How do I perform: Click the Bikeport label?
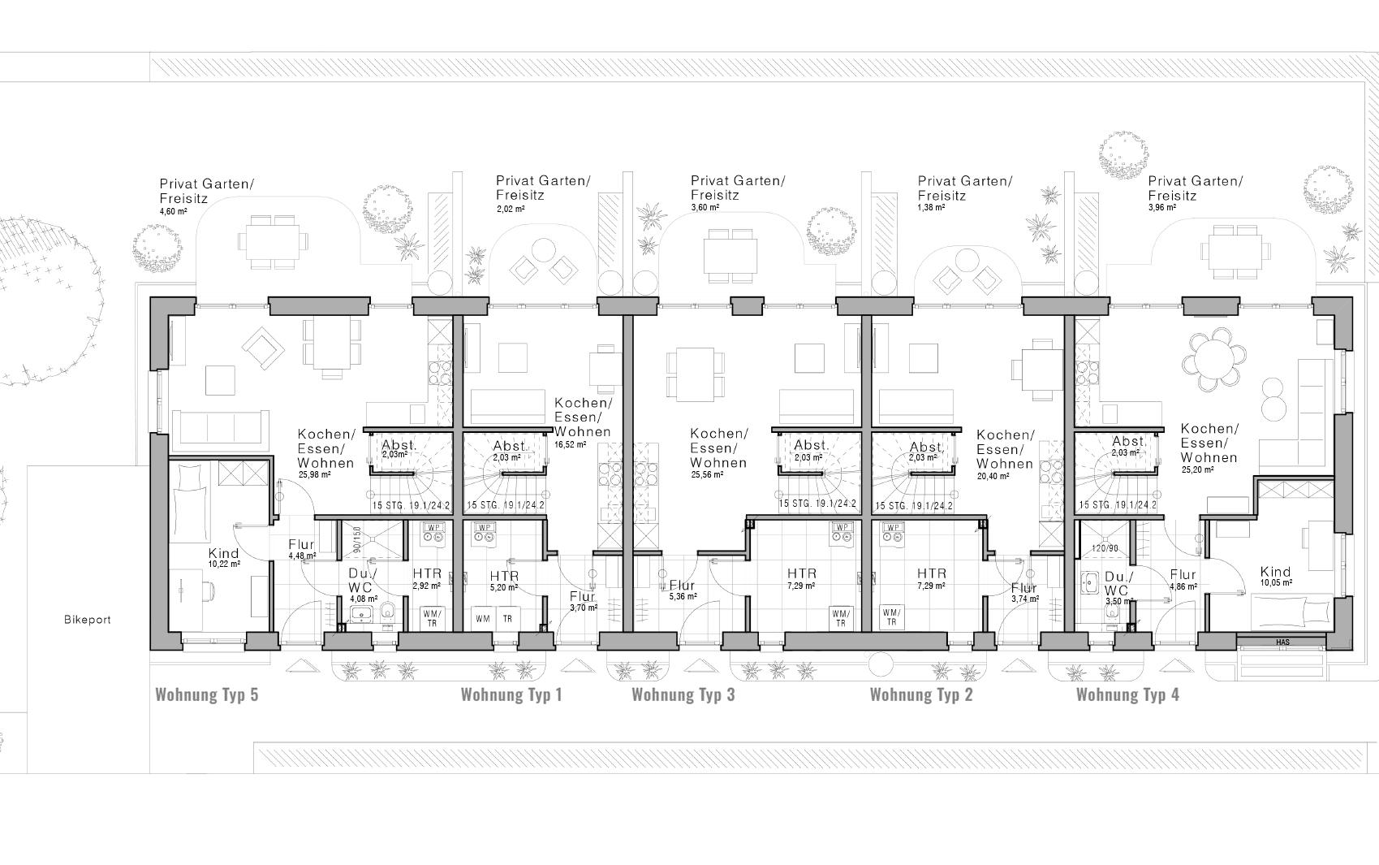click(x=87, y=620)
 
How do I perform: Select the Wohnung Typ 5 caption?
click(x=206, y=694)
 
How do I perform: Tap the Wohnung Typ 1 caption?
click(x=511, y=694)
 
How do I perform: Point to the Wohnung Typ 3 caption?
click(x=683, y=694)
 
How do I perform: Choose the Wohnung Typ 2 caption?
click(x=920, y=694)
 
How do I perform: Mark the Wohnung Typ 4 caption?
click(x=1127, y=694)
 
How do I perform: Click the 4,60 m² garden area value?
click(x=173, y=211)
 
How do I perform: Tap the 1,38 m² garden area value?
click(x=931, y=208)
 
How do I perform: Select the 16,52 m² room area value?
click(x=570, y=444)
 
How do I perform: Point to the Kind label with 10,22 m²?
click(x=223, y=553)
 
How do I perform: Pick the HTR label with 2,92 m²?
click(x=427, y=573)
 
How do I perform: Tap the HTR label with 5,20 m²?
click(x=504, y=576)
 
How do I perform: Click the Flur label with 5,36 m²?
click(x=682, y=585)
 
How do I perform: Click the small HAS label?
click(x=1282, y=642)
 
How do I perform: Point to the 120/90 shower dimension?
click(x=1105, y=549)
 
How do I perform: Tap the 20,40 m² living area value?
click(x=993, y=477)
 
